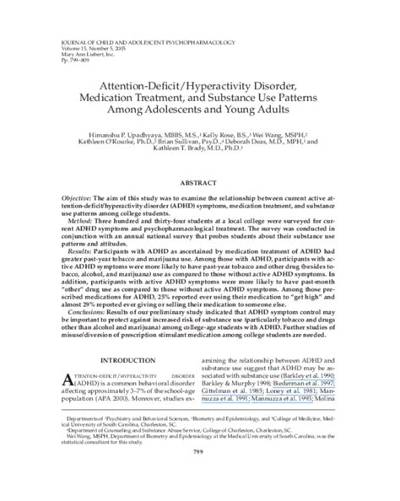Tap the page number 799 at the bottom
pyautogui.click(x=200, y=477)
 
